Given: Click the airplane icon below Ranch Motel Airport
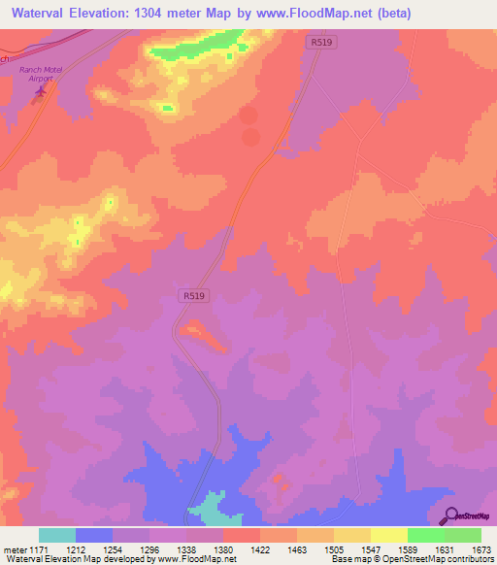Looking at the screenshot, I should [40, 92].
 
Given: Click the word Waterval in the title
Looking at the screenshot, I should [46, 14].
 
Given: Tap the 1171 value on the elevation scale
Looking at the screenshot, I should [38, 548].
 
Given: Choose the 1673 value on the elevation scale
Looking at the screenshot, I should [480, 548].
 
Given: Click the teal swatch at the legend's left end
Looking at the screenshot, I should [57, 535].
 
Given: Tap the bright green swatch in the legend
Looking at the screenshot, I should [425, 535].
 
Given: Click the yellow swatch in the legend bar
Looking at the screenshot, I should [388, 535].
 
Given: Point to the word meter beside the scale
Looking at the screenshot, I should [13, 548].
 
